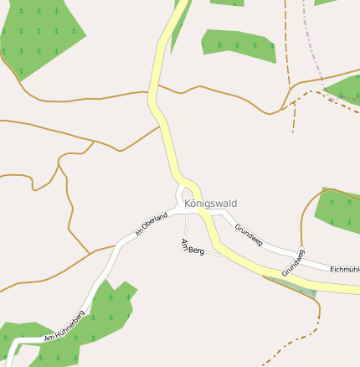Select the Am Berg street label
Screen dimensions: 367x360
point(192,247)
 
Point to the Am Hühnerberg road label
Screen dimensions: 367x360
point(65,329)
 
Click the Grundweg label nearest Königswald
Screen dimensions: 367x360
point(249,235)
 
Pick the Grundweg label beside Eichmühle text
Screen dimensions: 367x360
point(294,263)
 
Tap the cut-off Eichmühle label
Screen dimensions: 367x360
point(344,269)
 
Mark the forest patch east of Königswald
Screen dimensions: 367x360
point(337,208)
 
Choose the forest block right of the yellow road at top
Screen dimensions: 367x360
point(239,46)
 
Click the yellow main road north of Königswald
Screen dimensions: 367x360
point(159,109)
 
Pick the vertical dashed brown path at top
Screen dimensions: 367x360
point(286,42)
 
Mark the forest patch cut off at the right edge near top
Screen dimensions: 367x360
point(345,88)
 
